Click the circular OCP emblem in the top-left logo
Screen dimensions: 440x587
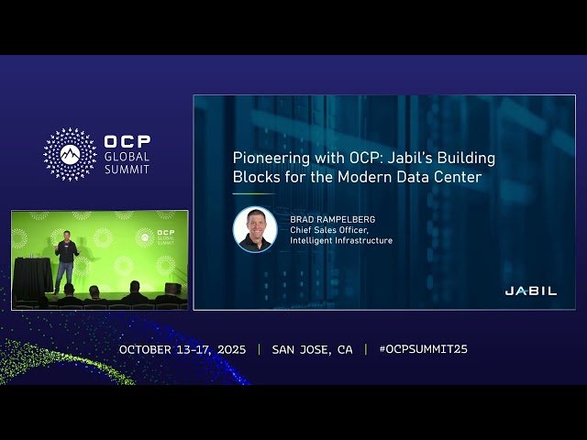(x=70, y=154)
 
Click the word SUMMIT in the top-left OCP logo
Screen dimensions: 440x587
(x=127, y=170)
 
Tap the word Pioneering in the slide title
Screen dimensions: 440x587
(x=268, y=158)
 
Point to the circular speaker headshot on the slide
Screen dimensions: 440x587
(x=255, y=229)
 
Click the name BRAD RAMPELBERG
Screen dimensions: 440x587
(x=331, y=220)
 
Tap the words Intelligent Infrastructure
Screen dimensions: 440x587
(x=340, y=241)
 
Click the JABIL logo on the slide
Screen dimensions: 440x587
(x=531, y=291)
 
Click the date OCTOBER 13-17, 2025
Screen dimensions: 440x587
(x=183, y=349)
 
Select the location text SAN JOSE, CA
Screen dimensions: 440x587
(x=312, y=349)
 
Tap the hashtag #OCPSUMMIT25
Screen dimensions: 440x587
(x=423, y=349)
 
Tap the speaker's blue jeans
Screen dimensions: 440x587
(x=64, y=276)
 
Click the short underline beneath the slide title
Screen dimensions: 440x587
(x=253, y=193)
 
